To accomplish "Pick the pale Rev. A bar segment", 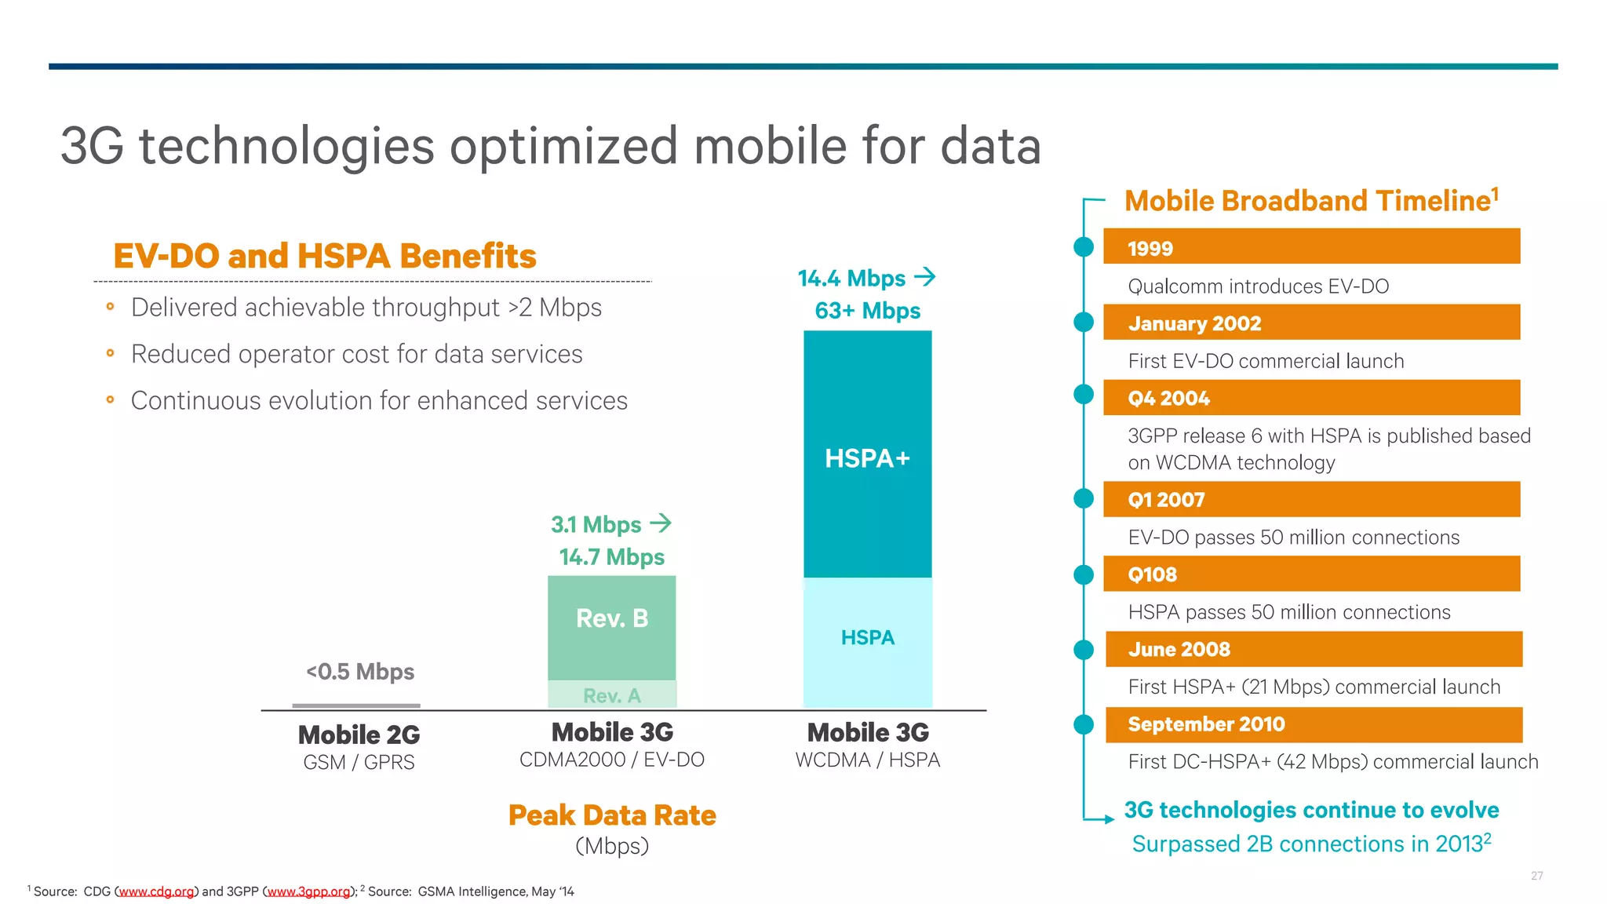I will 611,695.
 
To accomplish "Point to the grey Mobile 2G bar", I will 356,705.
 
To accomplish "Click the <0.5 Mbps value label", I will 360,672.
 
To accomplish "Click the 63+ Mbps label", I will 867,311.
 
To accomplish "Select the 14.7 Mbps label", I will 611,557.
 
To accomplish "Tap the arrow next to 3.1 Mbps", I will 661,523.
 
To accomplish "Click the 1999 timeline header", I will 1310,247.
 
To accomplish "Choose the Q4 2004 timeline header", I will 1310,398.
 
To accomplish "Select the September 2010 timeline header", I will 1314,724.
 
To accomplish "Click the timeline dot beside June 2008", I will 1084,650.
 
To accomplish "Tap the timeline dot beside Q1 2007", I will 1084,498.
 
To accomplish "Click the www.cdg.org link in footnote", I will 156,891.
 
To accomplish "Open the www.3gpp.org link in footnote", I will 308,891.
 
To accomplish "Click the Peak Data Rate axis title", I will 611,815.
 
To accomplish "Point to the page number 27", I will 1536,876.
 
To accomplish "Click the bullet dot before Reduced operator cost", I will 111,354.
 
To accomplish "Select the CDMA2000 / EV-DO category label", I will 611,760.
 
